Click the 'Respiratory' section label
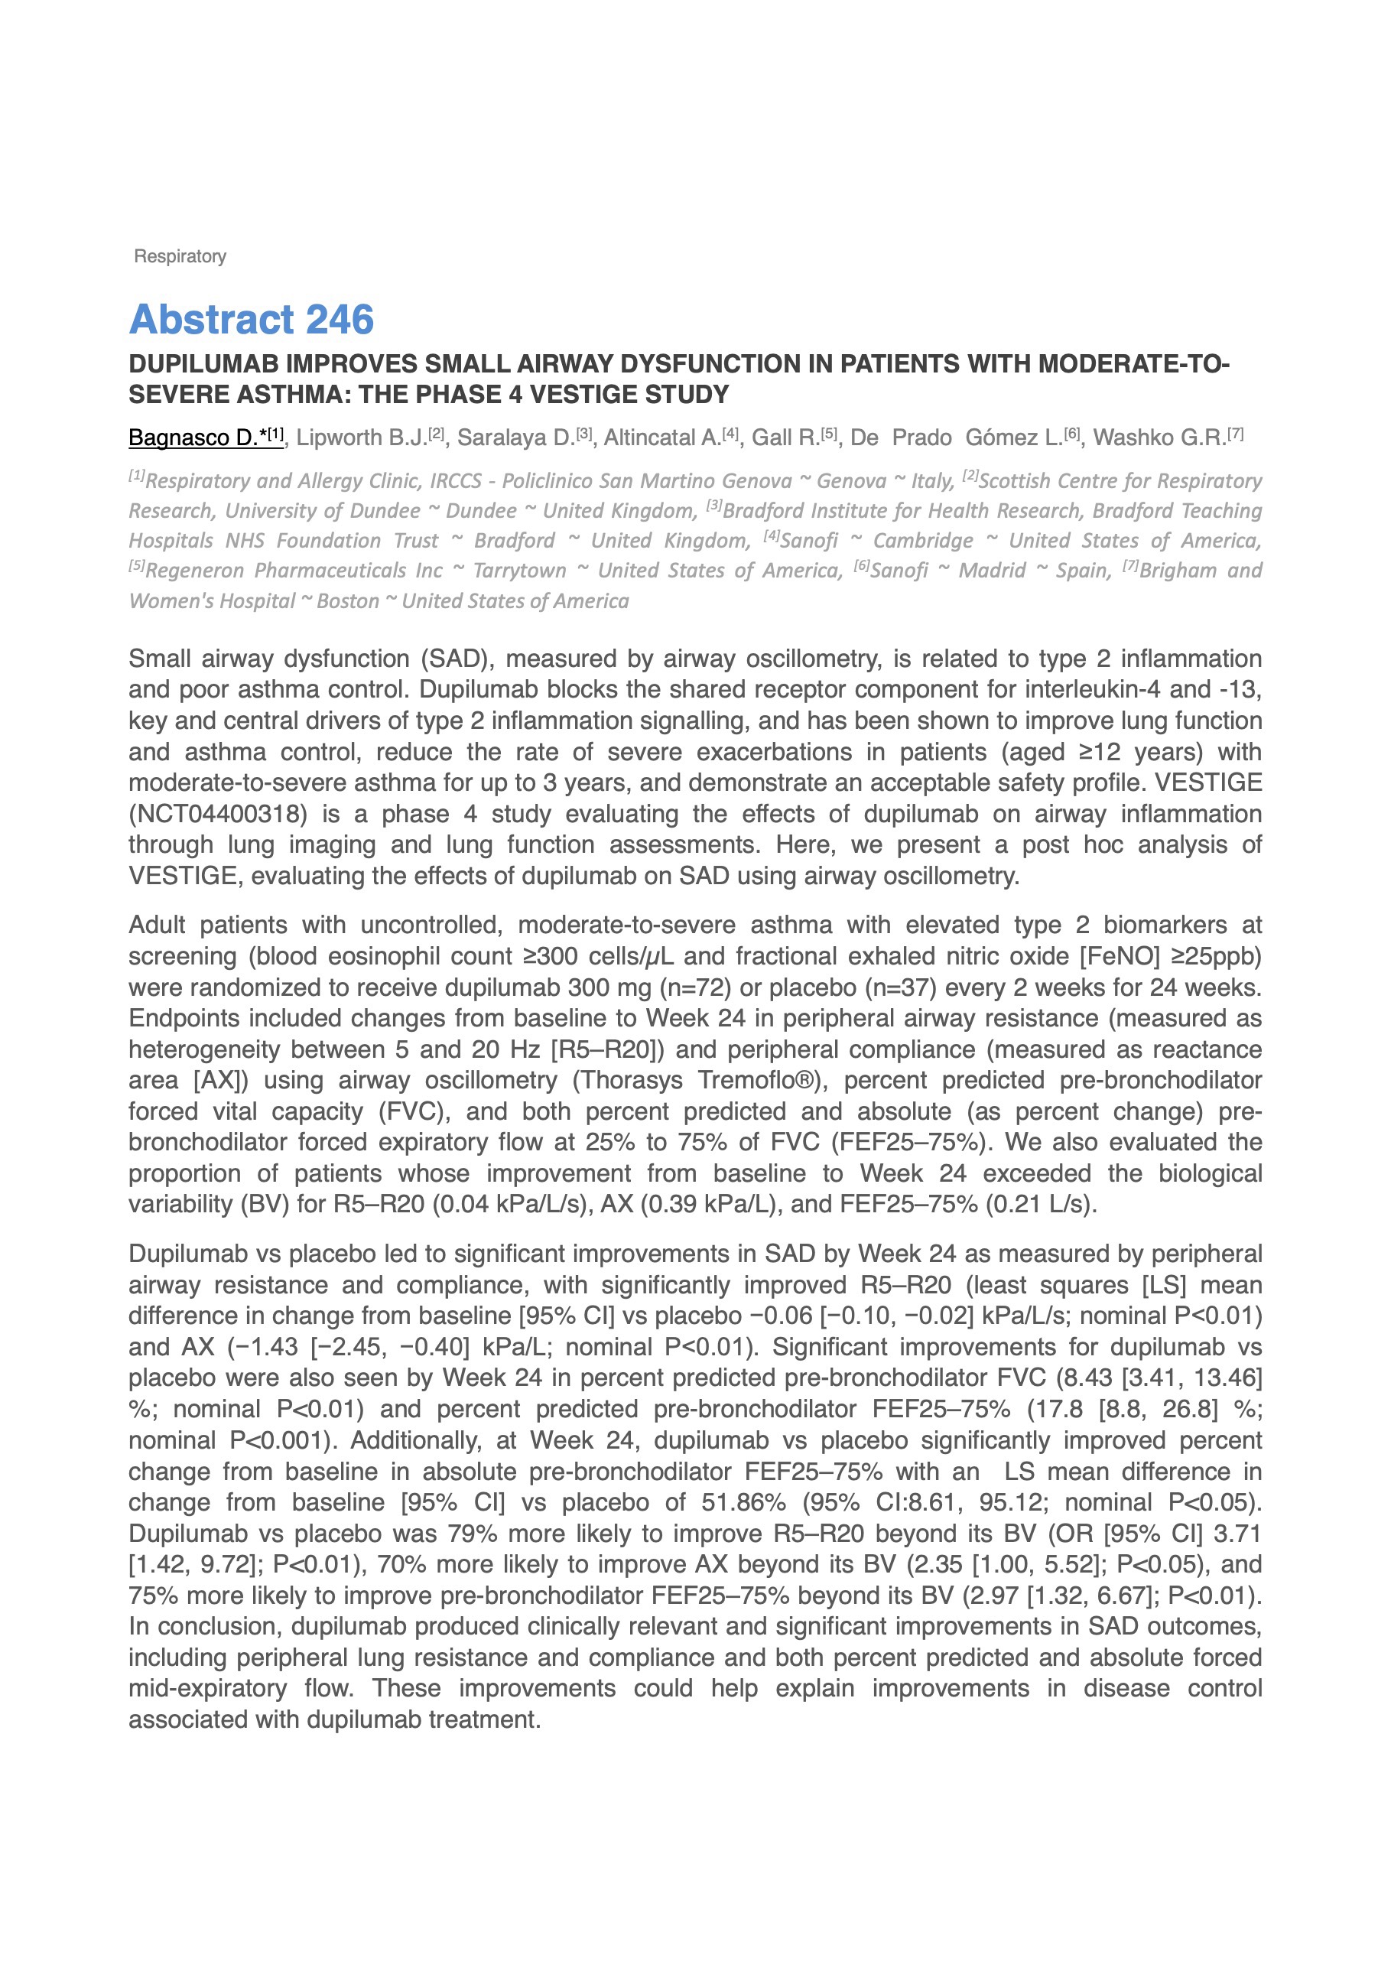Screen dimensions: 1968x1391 click(x=180, y=256)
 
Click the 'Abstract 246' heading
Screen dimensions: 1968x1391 click(x=251, y=320)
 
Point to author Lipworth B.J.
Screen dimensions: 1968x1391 click(x=362, y=438)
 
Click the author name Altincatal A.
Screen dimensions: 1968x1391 click(x=662, y=438)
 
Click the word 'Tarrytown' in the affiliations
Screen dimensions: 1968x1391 click(x=519, y=571)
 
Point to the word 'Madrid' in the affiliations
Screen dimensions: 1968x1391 click(x=992, y=571)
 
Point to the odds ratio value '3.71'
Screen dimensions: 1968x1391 click(x=1233, y=1534)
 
